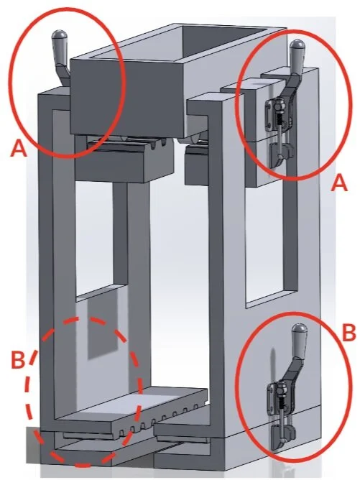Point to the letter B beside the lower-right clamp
point(348,333)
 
